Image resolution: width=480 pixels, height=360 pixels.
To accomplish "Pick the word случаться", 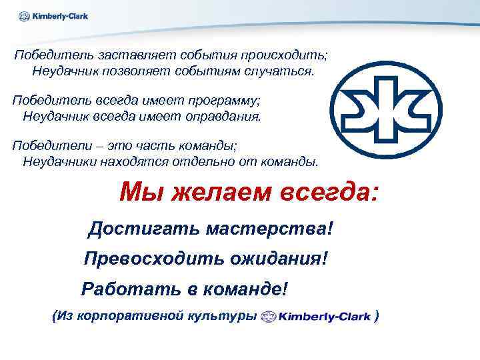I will (279, 71).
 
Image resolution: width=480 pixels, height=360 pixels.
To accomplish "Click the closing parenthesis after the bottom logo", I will (378, 316).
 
